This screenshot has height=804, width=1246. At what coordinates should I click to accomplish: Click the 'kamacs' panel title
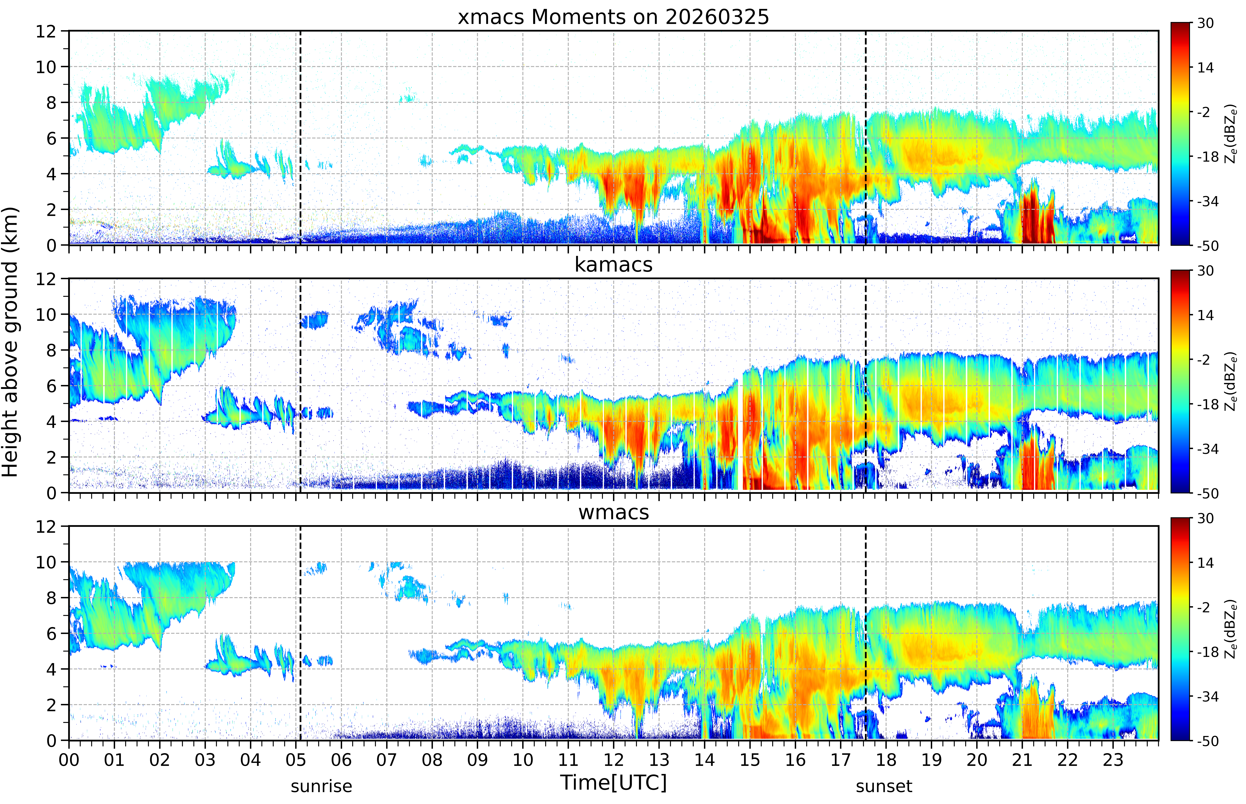(x=613, y=265)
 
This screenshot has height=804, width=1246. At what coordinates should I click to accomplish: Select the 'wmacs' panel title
(x=613, y=512)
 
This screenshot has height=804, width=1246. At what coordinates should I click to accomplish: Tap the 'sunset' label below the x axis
(x=884, y=786)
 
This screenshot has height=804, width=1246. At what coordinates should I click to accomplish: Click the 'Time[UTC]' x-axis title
(x=613, y=783)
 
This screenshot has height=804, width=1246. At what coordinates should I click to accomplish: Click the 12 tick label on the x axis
(x=613, y=760)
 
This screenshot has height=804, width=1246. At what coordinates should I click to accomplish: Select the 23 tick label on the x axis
(x=1113, y=760)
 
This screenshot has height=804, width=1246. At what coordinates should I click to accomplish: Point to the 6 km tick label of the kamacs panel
(x=51, y=386)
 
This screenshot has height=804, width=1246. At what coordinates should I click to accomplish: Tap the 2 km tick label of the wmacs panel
(x=51, y=705)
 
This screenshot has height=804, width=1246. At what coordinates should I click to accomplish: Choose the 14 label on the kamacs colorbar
(x=1205, y=315)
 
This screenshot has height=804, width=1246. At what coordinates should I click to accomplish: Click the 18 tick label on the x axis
(x=886, y=760)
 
